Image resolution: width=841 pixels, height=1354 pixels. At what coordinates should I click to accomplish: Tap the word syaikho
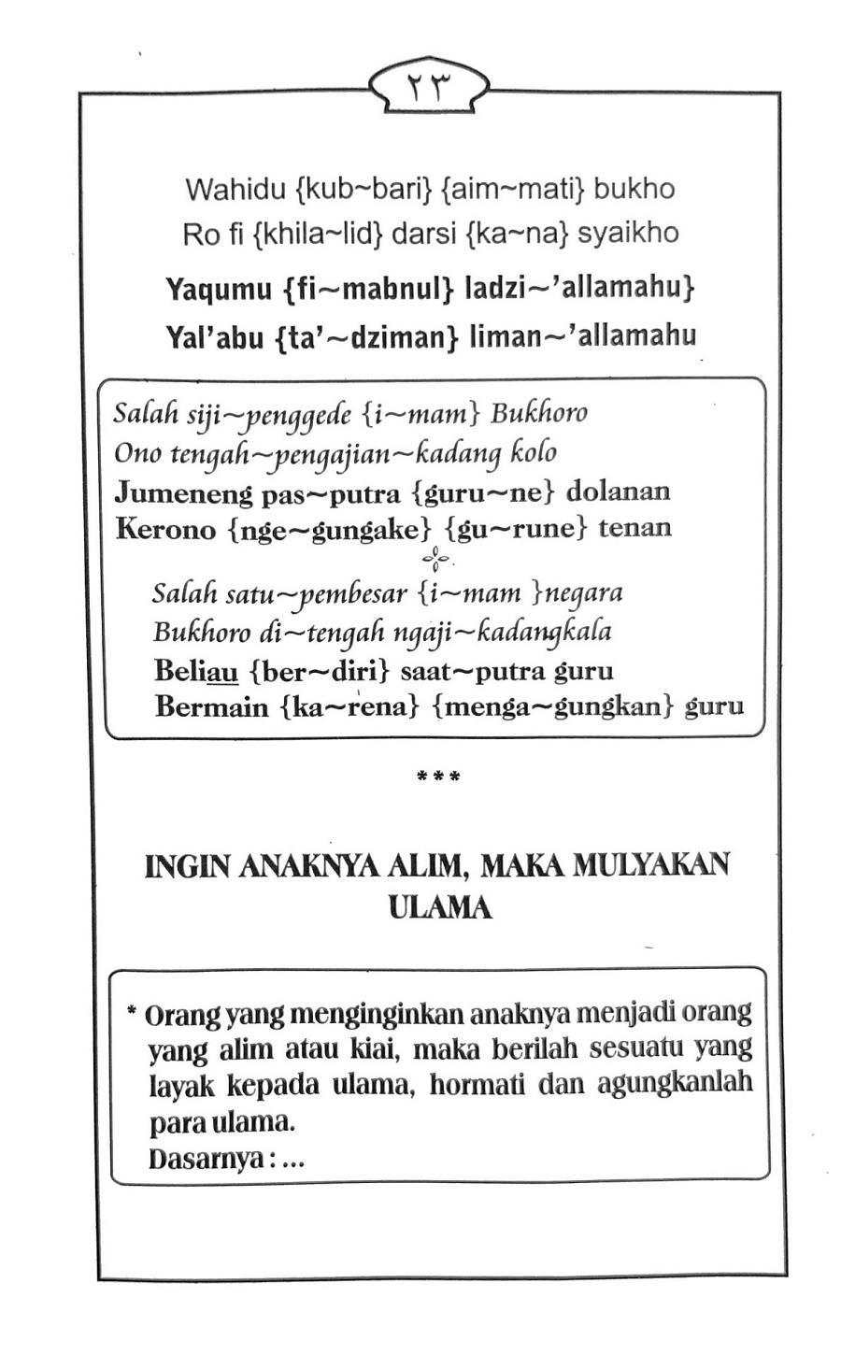[x=628, y=234]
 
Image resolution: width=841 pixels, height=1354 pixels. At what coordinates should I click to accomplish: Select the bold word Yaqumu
[x=219, y=290]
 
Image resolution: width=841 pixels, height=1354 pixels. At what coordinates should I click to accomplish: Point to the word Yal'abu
[x=214, y=336]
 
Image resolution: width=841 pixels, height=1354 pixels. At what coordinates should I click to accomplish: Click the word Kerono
[x=164, y=530]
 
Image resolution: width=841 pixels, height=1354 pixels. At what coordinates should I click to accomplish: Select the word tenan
[x=634, y=529]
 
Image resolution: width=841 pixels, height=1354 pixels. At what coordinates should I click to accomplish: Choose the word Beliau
[x=196, y=672]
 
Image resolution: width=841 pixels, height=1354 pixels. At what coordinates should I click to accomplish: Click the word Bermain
[x=211, y=707]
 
